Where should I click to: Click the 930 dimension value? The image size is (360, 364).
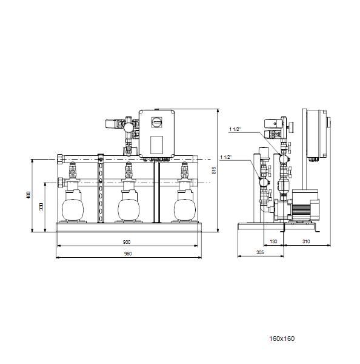pyautogui.click(x=127, y=242)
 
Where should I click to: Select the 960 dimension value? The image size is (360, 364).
pyautogui.click(x=128, y=254)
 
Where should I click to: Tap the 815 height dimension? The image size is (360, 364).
pyautogui.click(x=214, y=170)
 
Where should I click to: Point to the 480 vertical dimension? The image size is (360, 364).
pyautogui.click(x=28, y=195)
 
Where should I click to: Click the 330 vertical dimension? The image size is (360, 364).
pyautogui.click(x=41, y=207)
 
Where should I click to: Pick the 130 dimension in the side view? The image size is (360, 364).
pyautogui.click(x=273, y=241)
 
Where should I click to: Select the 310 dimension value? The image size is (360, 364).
pyautogui.click(x=306, y=241)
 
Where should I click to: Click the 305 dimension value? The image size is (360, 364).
pyautogui.click(x=260, y=252)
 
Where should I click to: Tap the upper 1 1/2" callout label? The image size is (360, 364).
pyautogui.click(x=235, y=129)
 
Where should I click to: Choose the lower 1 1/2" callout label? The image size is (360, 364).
pyautogui.click(x=226, y=157)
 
